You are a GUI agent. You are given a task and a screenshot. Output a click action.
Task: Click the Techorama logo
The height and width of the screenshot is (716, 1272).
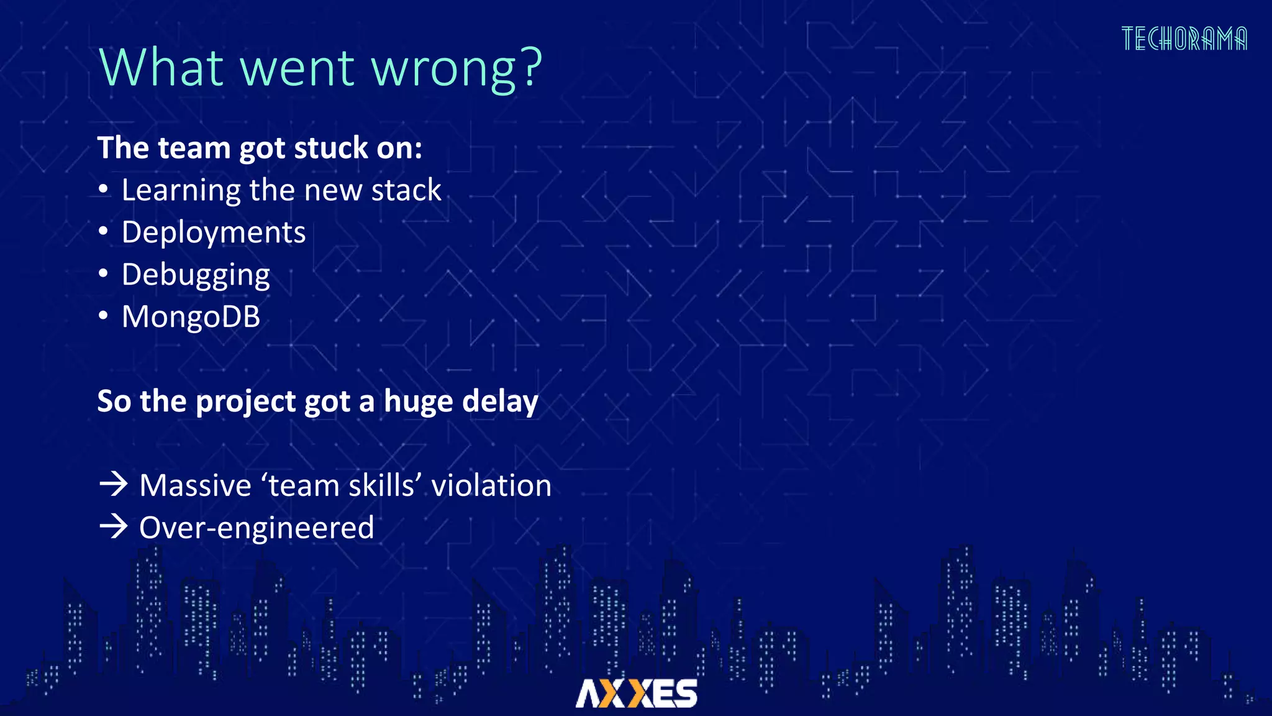pyautogui.click(x=1184, y=39)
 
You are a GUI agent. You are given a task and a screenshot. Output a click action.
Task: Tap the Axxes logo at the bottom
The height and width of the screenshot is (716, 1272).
pyautogui.click(x=636, y=693)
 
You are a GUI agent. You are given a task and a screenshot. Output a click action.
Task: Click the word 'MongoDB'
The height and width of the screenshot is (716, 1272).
pyautogui.click(x=191, y=317)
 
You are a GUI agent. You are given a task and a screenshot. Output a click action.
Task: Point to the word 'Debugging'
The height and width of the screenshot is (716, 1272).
pyautogui.click(x=196, y=275)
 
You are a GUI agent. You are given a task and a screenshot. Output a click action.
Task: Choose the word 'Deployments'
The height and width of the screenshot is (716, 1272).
pyautogui.click(x=213, y=232)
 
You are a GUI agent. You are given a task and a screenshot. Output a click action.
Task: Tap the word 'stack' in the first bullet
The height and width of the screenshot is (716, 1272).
pyautogui.click(x=406, y=190)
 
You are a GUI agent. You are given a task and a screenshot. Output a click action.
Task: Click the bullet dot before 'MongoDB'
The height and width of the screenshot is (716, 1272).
pyautogui.click(x=103, y=316)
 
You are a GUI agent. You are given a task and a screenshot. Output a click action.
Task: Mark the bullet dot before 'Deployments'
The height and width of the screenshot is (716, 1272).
pyautogui.click(x=103, y=232)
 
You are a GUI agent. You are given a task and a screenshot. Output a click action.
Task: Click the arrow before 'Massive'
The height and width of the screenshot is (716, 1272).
pyautogui.click(x=114, y=484)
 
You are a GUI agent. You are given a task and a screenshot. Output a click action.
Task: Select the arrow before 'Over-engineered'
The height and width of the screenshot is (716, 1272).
pyautogui.click(x=114, y=527)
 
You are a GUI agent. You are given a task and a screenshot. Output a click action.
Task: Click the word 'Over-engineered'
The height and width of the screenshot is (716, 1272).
pyautogui.click(x=257, y=528)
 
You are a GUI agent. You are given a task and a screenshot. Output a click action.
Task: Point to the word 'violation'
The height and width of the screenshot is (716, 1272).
pyautogui.click(x=491, y=485)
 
